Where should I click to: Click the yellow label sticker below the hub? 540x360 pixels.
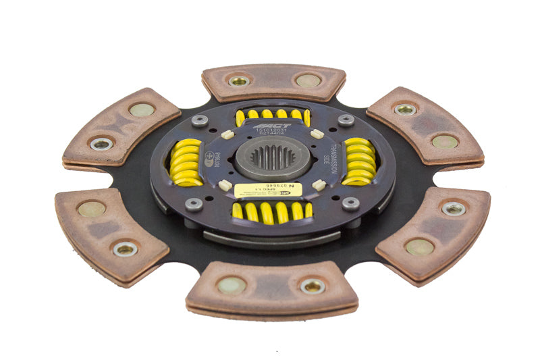coord(268,191)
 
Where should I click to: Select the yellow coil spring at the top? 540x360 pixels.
coord(273,115)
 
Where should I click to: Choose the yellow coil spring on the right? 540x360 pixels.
coord(360,161)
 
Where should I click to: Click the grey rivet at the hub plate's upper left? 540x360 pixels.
coord(199,121)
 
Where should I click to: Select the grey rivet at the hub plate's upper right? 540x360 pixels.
coord(346,120)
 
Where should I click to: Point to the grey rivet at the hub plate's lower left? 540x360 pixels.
coord(194,204)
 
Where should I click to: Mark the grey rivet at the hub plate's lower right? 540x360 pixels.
coord(350,203)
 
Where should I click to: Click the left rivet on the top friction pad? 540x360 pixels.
coord(238,80)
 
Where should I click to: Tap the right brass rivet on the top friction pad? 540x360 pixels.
coord(308,80)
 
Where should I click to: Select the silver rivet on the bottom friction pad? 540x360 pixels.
coord(313,286)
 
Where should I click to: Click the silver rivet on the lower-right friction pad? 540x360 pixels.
coord(453,208)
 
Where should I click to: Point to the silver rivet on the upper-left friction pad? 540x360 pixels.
coord(102,143)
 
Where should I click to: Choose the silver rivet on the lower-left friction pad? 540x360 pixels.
coord(126,249)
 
